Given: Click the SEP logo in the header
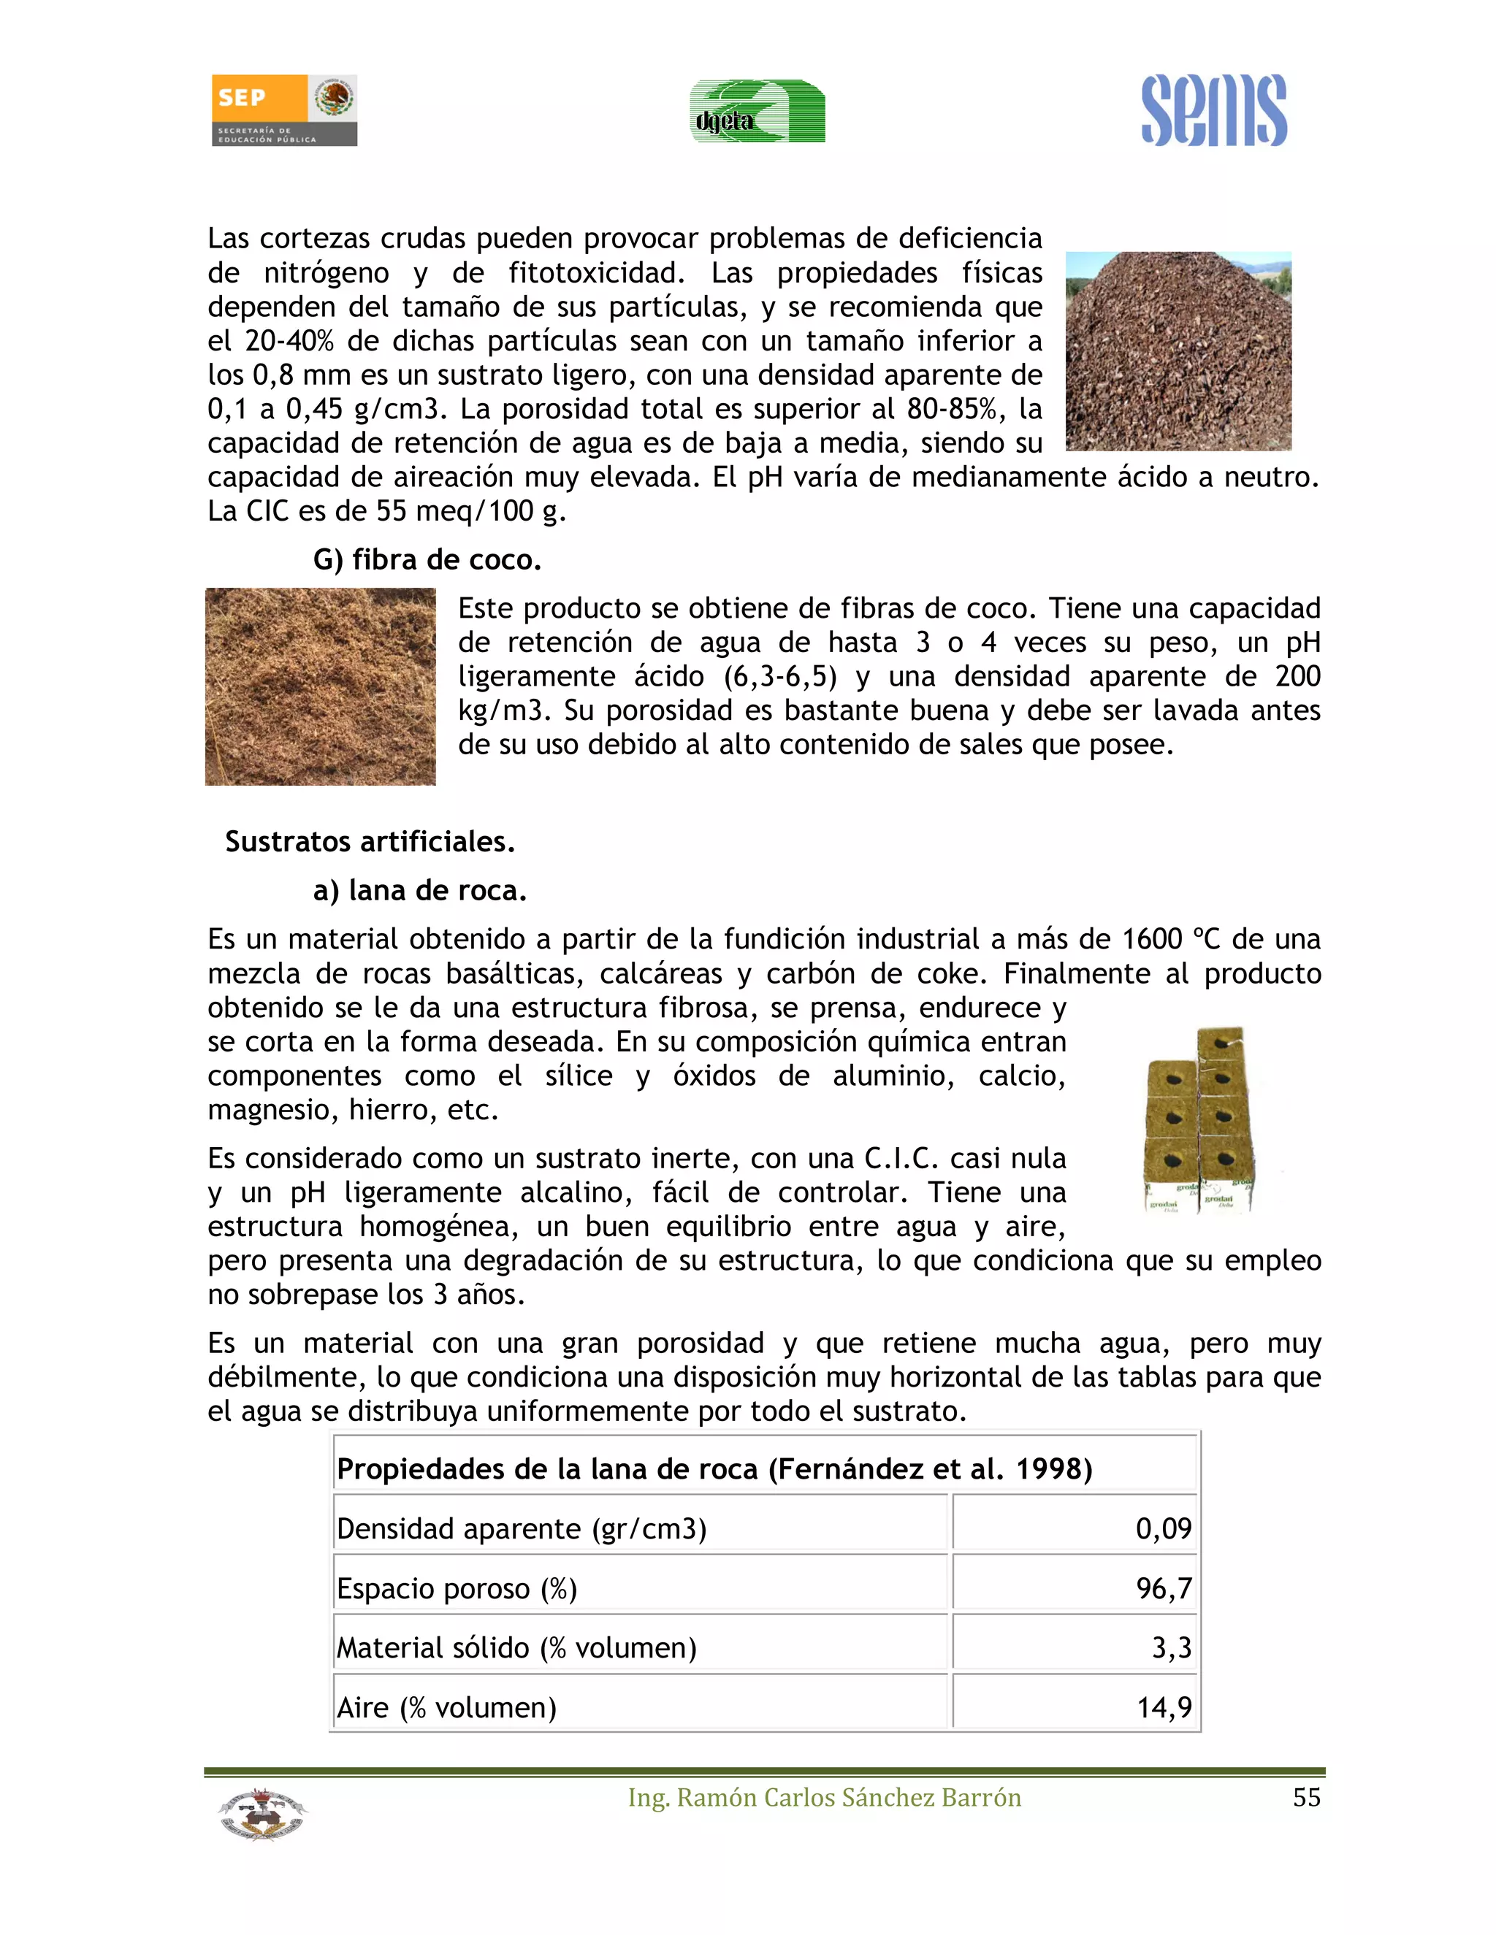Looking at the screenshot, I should click(283, 110).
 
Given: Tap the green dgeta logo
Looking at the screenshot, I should click(757, 112).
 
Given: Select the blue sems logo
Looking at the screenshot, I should click(1213, 112).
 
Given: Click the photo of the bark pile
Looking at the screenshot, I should click(1178, 350).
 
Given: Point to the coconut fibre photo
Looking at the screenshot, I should click(320, 686).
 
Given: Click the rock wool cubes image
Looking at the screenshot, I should click(1199, 1121).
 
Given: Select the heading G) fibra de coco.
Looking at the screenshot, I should click(427, 560).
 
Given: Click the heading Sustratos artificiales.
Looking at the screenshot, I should click(370, 842).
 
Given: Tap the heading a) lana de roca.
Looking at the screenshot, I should click(419, 890).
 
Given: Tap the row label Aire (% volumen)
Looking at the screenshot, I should click(446, 1707).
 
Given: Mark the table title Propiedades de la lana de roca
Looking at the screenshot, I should click(714, 1469).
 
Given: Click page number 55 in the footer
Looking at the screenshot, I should click(1306, 1798).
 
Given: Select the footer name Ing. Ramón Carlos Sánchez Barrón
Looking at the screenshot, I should click(824, 1798).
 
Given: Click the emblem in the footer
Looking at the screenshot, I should click(262, 1815).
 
